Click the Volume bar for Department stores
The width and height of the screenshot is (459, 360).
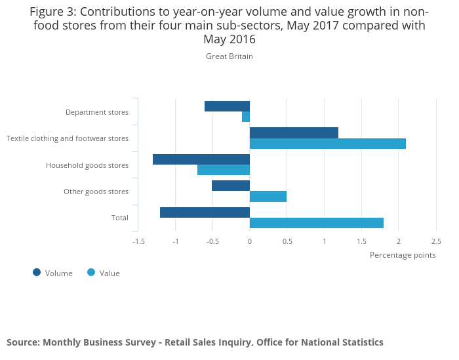click(x=227, y=106)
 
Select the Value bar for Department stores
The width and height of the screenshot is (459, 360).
click(x=246, y=117)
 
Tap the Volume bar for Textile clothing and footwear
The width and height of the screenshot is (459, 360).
click(x=294, y=133)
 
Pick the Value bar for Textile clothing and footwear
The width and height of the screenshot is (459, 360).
click(x=328, y=144)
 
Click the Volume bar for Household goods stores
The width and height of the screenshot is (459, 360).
click(x=201, y=159)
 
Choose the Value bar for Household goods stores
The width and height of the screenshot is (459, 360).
click(x=224, y=170)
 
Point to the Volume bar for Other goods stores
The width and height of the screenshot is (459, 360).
click(x=231, y=186)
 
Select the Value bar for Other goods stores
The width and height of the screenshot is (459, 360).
click(x=268, y=196)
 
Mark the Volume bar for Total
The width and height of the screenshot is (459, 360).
click(x=205, y=212)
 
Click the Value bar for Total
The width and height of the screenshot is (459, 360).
click(x=317, y=223)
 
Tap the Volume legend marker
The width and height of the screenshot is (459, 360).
click(x=37, y=273)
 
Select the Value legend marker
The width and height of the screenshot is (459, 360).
click(x=91, y=273)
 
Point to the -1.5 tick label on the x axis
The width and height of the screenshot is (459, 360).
click(x=138, y=241)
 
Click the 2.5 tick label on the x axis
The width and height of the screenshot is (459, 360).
click(x=436, y=241)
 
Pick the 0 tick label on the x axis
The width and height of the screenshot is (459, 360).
click(x=250, y=241)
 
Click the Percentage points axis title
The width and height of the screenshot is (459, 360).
click(x=403, y=255)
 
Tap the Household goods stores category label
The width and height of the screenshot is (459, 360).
click(x=87, y=165)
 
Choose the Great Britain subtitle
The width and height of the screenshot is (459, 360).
click(x=229, y=56)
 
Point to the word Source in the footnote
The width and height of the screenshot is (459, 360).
click(x=23, y=342)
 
